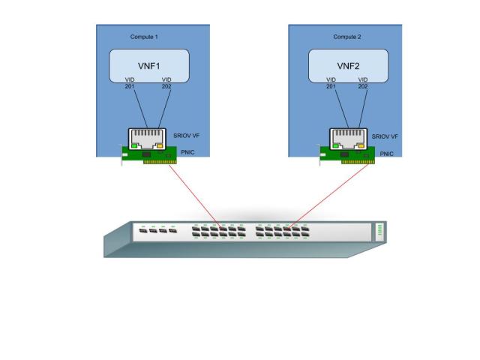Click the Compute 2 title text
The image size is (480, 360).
[x=347, y=37]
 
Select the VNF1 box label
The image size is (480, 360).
[x=147, y=65]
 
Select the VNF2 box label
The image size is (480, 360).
[x=349, y=65]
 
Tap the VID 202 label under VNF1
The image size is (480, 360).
[x=166, y=82]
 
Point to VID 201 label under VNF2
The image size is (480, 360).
[x=331, y=82]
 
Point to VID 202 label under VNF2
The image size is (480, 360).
[x=364, y=82]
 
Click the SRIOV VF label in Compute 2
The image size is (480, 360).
[x=385, y=136]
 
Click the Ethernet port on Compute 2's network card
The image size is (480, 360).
[x=347, y=138]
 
